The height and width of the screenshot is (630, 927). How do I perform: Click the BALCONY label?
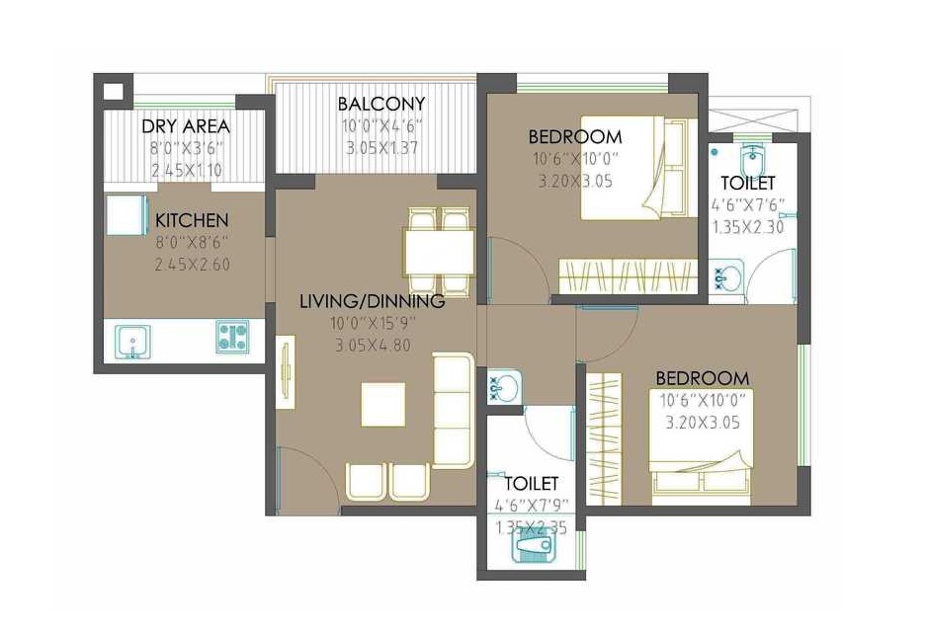coord(381,104)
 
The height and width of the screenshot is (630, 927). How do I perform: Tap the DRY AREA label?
coord(186,126)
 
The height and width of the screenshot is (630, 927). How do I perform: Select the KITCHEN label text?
coord(192,221)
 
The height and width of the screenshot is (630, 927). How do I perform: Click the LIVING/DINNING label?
coord(373,301)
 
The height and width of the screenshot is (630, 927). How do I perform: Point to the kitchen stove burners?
coord(232,337)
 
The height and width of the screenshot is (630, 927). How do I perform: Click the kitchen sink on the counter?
coord(133,342)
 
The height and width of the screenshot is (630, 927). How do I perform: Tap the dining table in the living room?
coord(439,253)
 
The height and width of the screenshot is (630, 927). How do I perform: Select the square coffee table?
coord(383,405)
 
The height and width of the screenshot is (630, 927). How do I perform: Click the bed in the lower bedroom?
coord(701,447)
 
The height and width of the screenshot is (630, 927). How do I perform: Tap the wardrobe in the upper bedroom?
coord(628,276)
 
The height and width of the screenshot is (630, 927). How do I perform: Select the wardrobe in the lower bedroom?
coord(604,439)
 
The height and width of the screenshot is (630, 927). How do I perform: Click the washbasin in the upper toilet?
coord(726,276)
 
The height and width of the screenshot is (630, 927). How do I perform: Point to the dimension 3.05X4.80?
coord(373,345)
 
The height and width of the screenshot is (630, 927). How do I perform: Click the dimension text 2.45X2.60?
coord(192,265)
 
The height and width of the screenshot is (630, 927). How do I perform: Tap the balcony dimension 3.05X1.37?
coord(381,147)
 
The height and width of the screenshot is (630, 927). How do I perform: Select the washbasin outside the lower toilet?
coord(505,387)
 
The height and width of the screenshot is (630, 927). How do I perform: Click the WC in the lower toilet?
coord(533,547)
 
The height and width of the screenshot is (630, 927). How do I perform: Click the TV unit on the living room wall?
coord(286,372)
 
